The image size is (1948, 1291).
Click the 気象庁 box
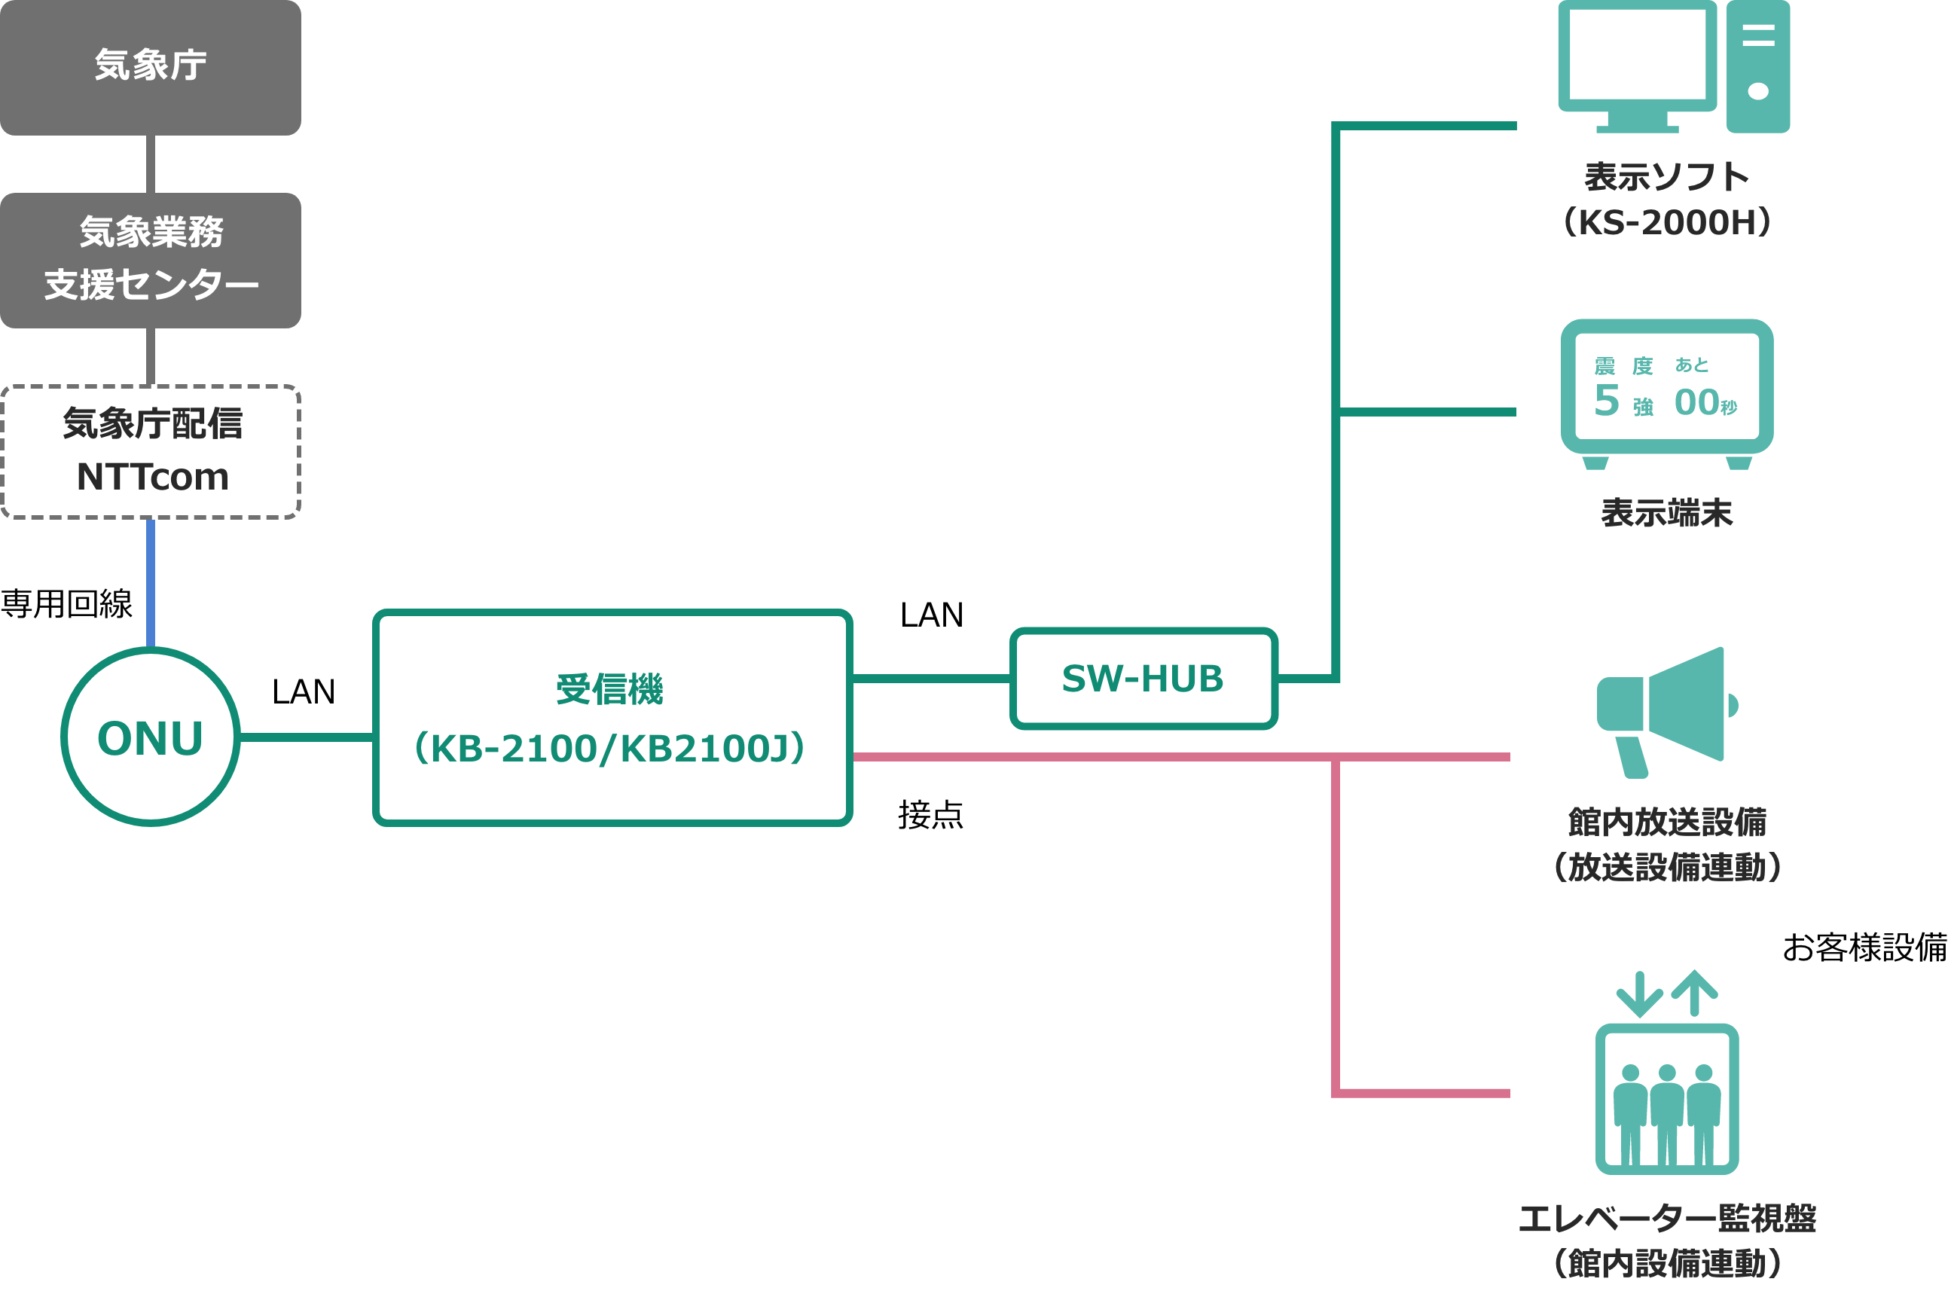151,68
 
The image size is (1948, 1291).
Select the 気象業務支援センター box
151,260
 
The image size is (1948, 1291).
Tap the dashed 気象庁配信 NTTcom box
151,451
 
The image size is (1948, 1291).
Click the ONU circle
151,737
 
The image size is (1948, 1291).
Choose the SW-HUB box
1143,679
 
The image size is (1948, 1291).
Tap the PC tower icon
1758,66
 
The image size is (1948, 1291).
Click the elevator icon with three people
1666,1099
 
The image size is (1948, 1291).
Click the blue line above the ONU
151,583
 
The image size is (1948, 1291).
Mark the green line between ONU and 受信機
307,737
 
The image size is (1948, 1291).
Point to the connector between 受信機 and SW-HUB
931,679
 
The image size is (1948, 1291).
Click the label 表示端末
1666,513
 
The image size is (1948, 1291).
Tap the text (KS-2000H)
1666,222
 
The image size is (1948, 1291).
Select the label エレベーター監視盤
1666,1219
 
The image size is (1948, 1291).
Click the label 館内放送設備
1666,821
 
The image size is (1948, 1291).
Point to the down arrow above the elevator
1639,994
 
